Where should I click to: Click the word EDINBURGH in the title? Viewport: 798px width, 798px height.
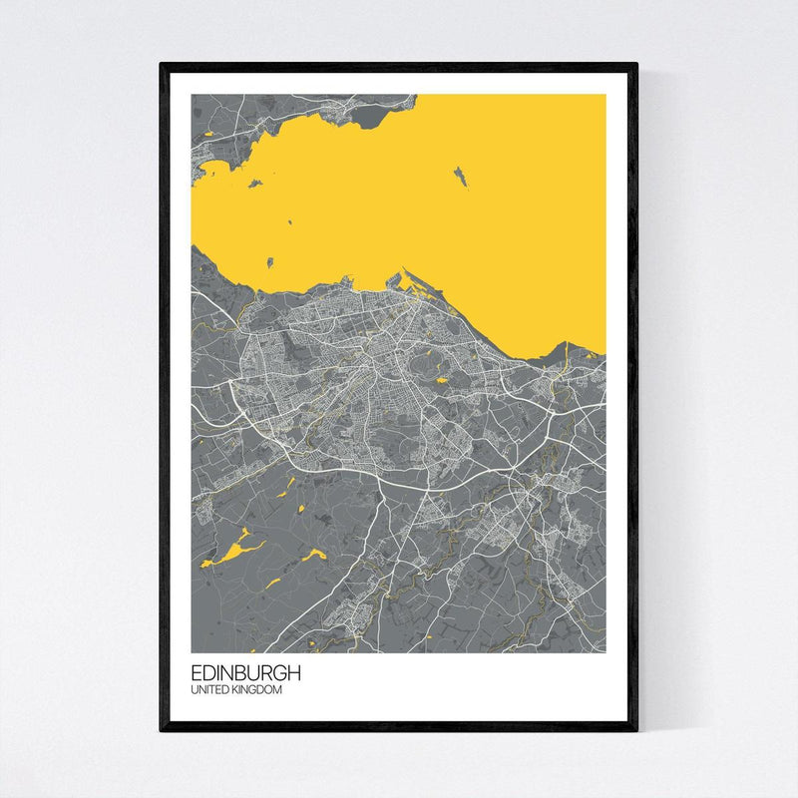(x=245, y=673)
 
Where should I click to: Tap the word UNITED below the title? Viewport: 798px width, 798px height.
(x=208, y=689)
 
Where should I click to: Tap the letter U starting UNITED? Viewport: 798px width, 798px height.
(x=196, y=689)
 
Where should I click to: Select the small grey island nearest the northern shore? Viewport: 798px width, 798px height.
(x=255, y=184)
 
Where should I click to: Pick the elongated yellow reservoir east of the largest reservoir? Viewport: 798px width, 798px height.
(x=312, y=555)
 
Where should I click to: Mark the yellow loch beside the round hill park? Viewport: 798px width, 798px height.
(x=442, y=379)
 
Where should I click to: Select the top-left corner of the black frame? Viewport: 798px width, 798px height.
(x=162, y=66)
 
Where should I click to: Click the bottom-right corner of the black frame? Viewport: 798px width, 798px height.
(x=635, y=729)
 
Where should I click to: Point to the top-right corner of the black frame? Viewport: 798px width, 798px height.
(x=635, y=66)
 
